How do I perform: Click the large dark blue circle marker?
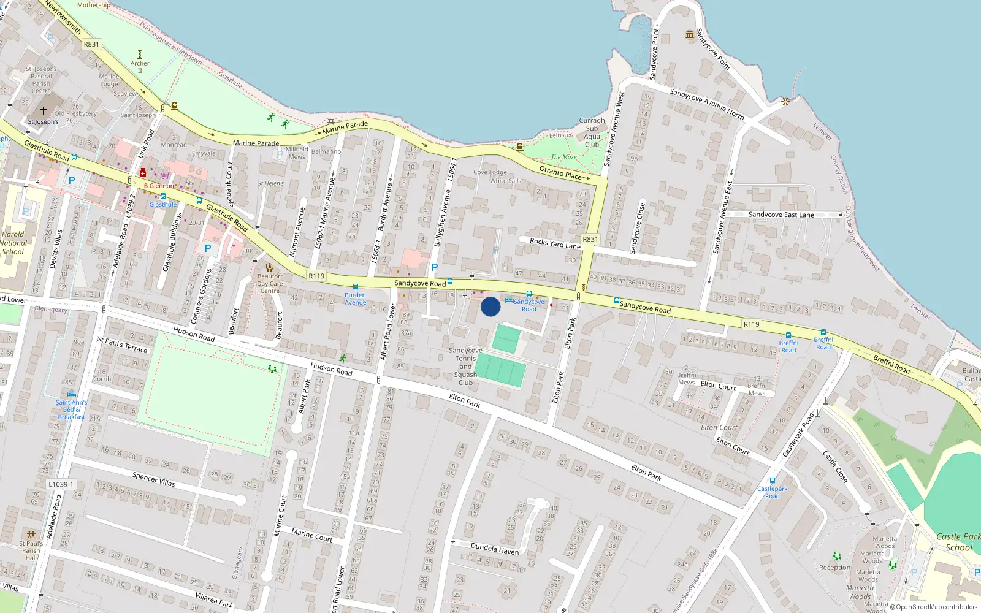click(x=490, y=306)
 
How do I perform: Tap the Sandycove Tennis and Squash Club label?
click(x=465, y=367)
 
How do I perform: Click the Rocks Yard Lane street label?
click(x=555, y=243)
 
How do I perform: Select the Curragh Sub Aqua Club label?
click(x=592, y=132)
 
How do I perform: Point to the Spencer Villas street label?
click(x=153, y=479)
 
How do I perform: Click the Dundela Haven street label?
click(x=494, y=548)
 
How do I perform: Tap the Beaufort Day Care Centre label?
click(x=270, y=283)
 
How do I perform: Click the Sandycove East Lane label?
click(x=781, y=215)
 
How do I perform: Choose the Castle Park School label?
click(x=958, y=542)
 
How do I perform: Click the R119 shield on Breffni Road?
click(x=751, y=324)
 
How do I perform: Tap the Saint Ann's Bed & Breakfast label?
click(x=71, y=409)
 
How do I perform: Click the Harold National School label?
click(x=13, y=243)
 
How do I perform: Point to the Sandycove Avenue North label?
click(x=706, y=104)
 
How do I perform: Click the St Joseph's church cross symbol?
click(x=44, y=111)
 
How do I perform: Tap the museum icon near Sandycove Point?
click(x=690, y=34)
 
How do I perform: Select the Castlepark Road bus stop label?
click(x=772, y=492)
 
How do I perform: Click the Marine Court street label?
click(x=311, y=535)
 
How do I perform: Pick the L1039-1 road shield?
click(x=60, y=484)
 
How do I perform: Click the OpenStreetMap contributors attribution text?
click(x=936, y=607)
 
